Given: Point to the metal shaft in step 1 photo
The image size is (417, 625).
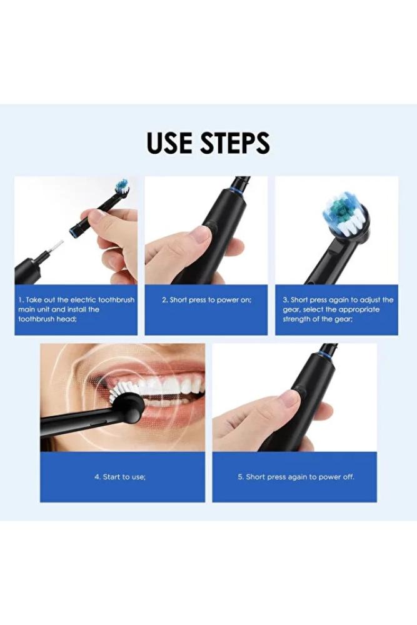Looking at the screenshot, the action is [x=56, y=247].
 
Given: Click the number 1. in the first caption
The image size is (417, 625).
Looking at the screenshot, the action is [x=21, y=300].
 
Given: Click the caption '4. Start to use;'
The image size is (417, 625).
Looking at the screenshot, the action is [x=120, y=477].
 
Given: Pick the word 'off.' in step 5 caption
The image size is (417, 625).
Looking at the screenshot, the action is [x=348, y=477].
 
